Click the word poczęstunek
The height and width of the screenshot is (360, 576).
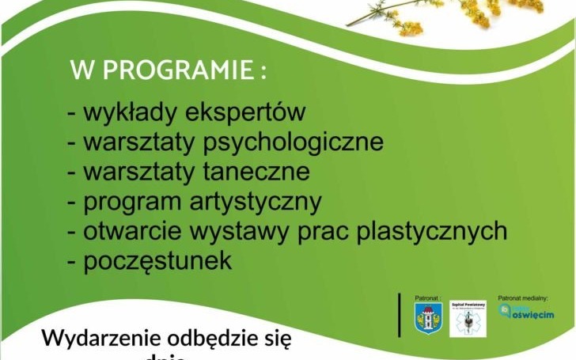click(158, 260)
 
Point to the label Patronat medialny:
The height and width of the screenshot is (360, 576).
click(523, 297)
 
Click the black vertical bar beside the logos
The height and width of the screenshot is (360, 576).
click(400, 315)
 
